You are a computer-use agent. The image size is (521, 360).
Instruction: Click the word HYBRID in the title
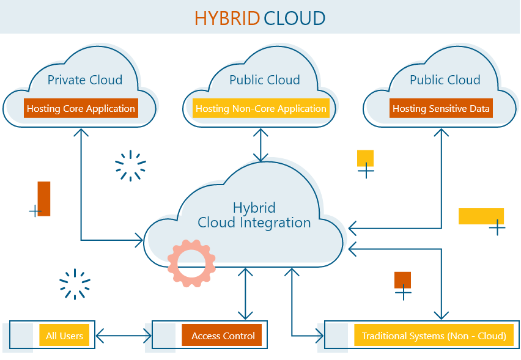(x=227, y=18)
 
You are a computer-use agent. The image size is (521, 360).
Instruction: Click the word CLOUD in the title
(x=294, y=18)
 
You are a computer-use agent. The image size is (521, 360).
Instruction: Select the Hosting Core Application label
(x=81, y=109)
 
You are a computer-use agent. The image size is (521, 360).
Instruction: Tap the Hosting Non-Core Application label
(x=261, y=109)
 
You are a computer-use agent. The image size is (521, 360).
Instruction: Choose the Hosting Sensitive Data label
(x=441, y=109)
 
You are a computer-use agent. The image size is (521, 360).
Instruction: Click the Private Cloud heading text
(x=85, y=80)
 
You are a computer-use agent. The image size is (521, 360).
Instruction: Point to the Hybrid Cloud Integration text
(x=254, y=215)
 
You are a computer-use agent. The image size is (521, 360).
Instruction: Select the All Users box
(x=64, y=336)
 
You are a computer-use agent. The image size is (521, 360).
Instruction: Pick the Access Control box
(x=223, y=336)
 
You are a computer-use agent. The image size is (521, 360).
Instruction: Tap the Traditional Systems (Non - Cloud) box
(x=434, y=336)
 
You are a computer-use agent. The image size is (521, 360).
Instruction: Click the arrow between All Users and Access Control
(x=124, y=336)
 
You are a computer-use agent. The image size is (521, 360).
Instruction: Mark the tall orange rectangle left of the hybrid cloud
(x=44, y=199)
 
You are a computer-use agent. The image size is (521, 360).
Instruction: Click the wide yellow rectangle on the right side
(x=481, y=216)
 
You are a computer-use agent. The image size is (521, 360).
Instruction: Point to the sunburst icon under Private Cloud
(x=130, y=166)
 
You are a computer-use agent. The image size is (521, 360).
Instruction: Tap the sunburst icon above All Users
(x=75, y=284)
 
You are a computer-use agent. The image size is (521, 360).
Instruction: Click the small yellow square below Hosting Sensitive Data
(x=366, y=158)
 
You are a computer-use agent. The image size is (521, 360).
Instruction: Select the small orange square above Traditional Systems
(x=403, y=280)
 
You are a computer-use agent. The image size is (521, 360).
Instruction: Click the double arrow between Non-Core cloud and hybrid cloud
(x=261, y=145)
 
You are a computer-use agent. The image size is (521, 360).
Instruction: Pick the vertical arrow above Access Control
(x=245, y=293)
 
